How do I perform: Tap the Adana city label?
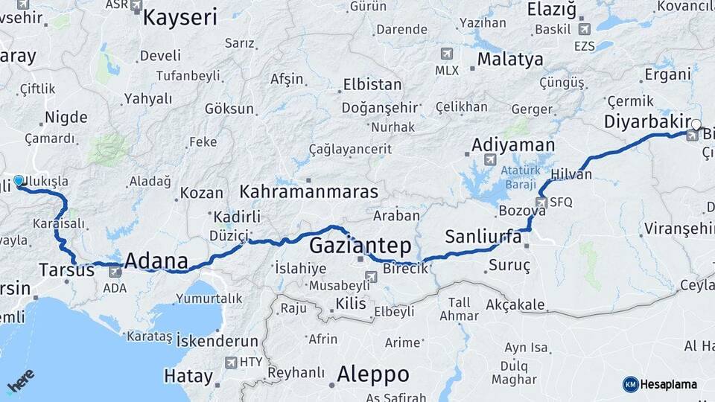click(x=156, y=261)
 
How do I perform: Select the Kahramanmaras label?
click(x=308, y=192)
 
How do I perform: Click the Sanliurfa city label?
click(x=483, y=237)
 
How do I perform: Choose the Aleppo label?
click(x=372, y=374)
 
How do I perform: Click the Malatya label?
click(x=510, y=60)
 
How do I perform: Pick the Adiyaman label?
click(x=513, y=145)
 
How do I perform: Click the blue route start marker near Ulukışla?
click(x=19, y=180)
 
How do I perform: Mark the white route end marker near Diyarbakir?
click(x=696, y=124)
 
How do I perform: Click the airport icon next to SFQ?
click(x=541, y=202)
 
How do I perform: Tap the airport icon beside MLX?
click(x=446, y=54)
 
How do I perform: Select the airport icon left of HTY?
click(x=231, y=362)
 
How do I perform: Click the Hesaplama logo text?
click(x=669, y=384)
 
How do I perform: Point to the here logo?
click(x=21, y=381)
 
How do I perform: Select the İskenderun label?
click(x=217, y=341)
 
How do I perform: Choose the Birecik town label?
click(x=406, y=268)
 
